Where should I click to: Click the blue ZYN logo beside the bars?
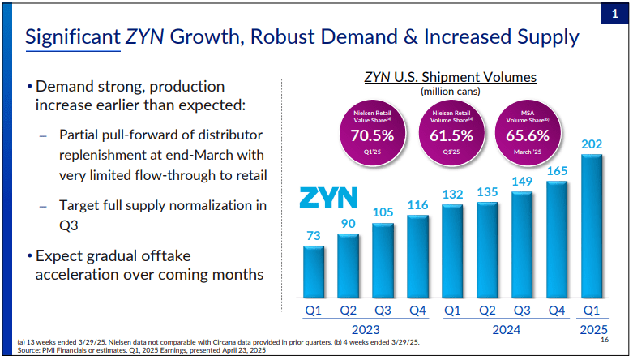pyautogui.click(x=327, y=198)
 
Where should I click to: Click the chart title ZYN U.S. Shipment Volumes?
pyautogui.click(x=450, y=78)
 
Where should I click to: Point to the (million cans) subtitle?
pyautogui.click(x=450, y=92)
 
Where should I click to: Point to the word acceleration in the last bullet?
pyautogui.click(x=78, y=276)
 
